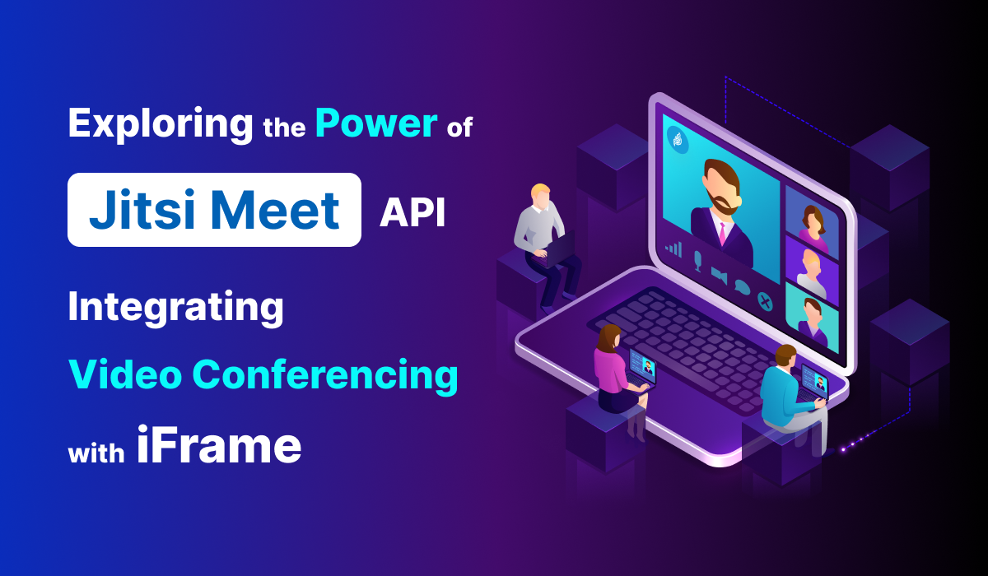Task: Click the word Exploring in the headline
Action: point(161,125)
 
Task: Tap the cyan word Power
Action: point(375,123)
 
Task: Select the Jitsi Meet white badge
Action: point(214,210)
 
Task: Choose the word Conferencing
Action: point(325,375)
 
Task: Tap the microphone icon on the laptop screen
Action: point(697,261)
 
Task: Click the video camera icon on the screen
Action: point(719,275)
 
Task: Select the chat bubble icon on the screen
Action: point(742,288)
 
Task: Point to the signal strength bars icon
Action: point(674,248)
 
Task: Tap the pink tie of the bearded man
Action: point(722,233)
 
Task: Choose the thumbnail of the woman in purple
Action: point(811,222)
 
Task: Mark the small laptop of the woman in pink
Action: point(642,366)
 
